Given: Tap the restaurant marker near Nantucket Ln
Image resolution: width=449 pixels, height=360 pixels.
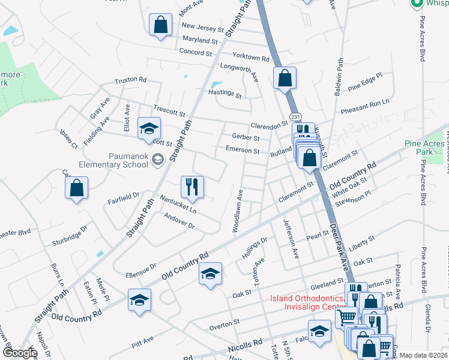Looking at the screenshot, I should [x=193, y=187].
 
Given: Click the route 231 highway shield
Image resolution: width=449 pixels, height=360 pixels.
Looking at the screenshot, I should [x=295, y=116].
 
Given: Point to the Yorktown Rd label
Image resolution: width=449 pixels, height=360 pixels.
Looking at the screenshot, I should [x=252, y=58].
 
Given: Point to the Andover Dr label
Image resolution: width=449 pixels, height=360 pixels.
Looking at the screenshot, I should [x=179, y=222].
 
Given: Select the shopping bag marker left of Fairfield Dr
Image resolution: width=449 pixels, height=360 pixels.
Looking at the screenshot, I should [x=77, y=188].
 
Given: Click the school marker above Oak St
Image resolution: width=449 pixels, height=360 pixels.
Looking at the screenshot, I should [x=210, y=274].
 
